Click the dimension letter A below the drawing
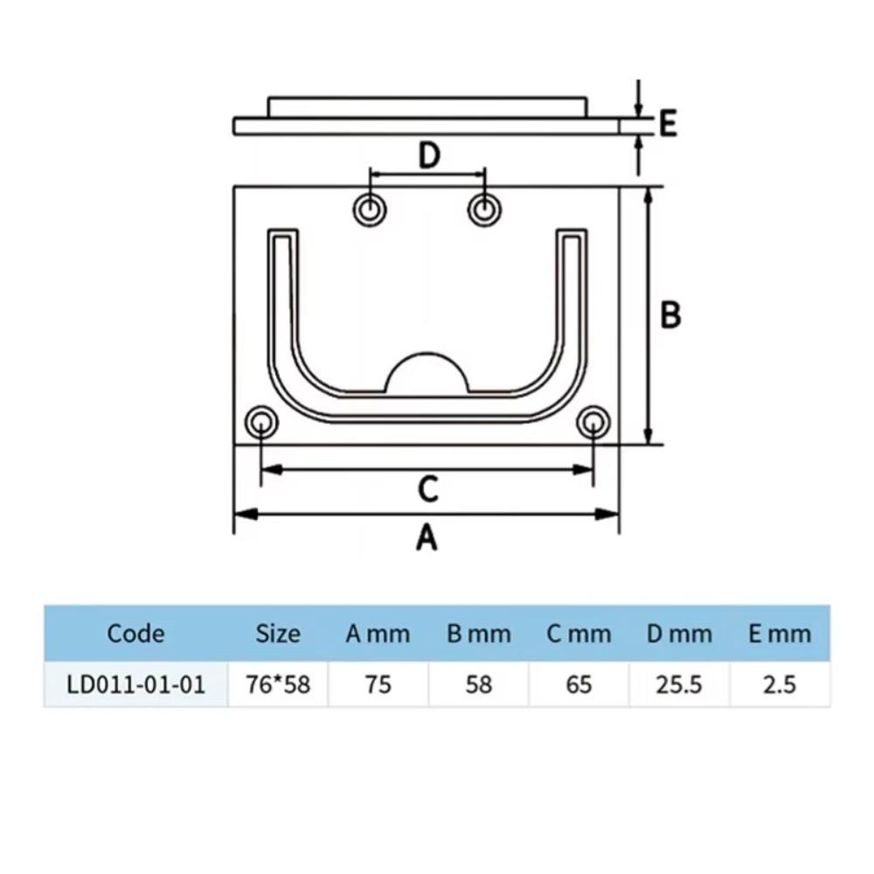[x=427, y=538]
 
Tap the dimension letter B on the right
[x=670, y=315]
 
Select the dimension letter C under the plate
[x=427, y=490]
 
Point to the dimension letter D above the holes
[x=428, y=156]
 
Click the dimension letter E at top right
[x=668, y=124]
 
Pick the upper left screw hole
[x=371, y=210]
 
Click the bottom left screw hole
[x=260, y=423]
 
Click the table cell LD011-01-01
[x=135, y=683]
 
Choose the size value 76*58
[x=278, y=683]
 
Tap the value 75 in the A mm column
[x=378, y=683]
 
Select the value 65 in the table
[x=579, y=683]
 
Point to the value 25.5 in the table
[x=679, y=683]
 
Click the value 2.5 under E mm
[x=779, y=683]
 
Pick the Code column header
[x=135, y=633]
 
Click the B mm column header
[x=478, y=633]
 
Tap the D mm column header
[x=679, y=633]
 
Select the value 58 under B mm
[x=478, y=683]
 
